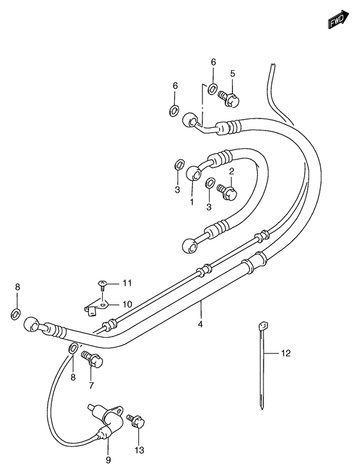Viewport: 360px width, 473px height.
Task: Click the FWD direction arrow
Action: (339, 20)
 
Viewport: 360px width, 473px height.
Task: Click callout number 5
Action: (233, 73)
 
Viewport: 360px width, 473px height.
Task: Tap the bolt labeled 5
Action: (228, 98)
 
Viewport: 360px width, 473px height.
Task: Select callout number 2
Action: (231, 172)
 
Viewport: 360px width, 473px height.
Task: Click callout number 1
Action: (192, 202)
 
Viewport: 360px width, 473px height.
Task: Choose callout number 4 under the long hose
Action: (201, 324)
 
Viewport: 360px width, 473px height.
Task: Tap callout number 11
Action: (127, 283)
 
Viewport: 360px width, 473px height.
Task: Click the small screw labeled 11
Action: (103, 285)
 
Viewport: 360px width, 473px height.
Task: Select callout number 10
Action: (127, 304)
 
